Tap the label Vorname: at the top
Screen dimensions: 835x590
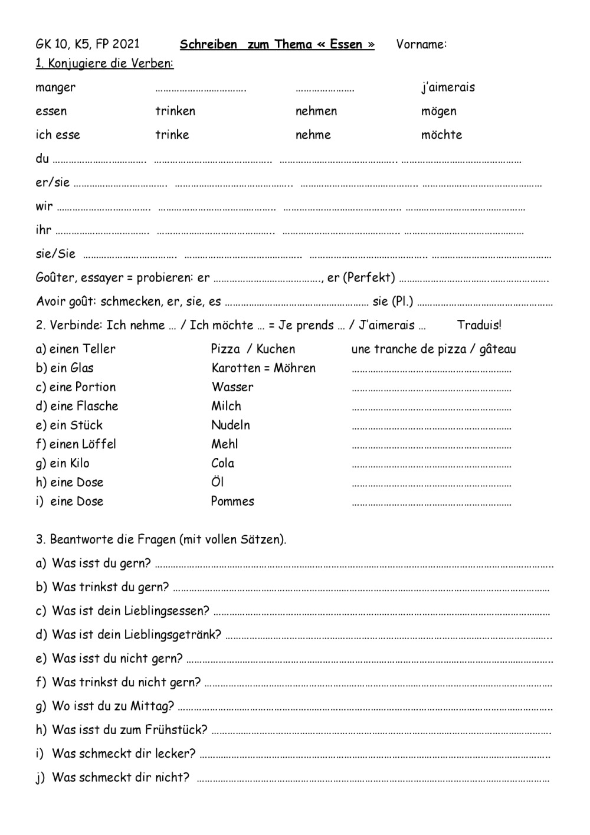[421, 44]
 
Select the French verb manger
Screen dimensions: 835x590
[55, 88]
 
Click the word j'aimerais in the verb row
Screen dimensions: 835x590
[448, 87]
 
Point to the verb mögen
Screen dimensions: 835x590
[438, 112]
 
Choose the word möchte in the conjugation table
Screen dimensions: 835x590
[441, 135]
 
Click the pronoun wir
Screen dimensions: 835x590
[44, 207]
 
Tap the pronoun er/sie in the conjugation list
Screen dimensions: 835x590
[53, 182]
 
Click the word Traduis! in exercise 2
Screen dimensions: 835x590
[479, 325]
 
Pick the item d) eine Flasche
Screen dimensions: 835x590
[77, 406]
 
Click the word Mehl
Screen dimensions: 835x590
[225, 444]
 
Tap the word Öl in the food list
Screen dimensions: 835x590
[218, 482]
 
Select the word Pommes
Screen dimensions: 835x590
[232, 502]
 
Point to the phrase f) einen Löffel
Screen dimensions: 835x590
[76, 444]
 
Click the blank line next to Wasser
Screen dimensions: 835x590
[431, 389]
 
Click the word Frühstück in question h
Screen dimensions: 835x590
[176, 730]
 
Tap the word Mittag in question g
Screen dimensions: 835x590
[153, 706]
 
